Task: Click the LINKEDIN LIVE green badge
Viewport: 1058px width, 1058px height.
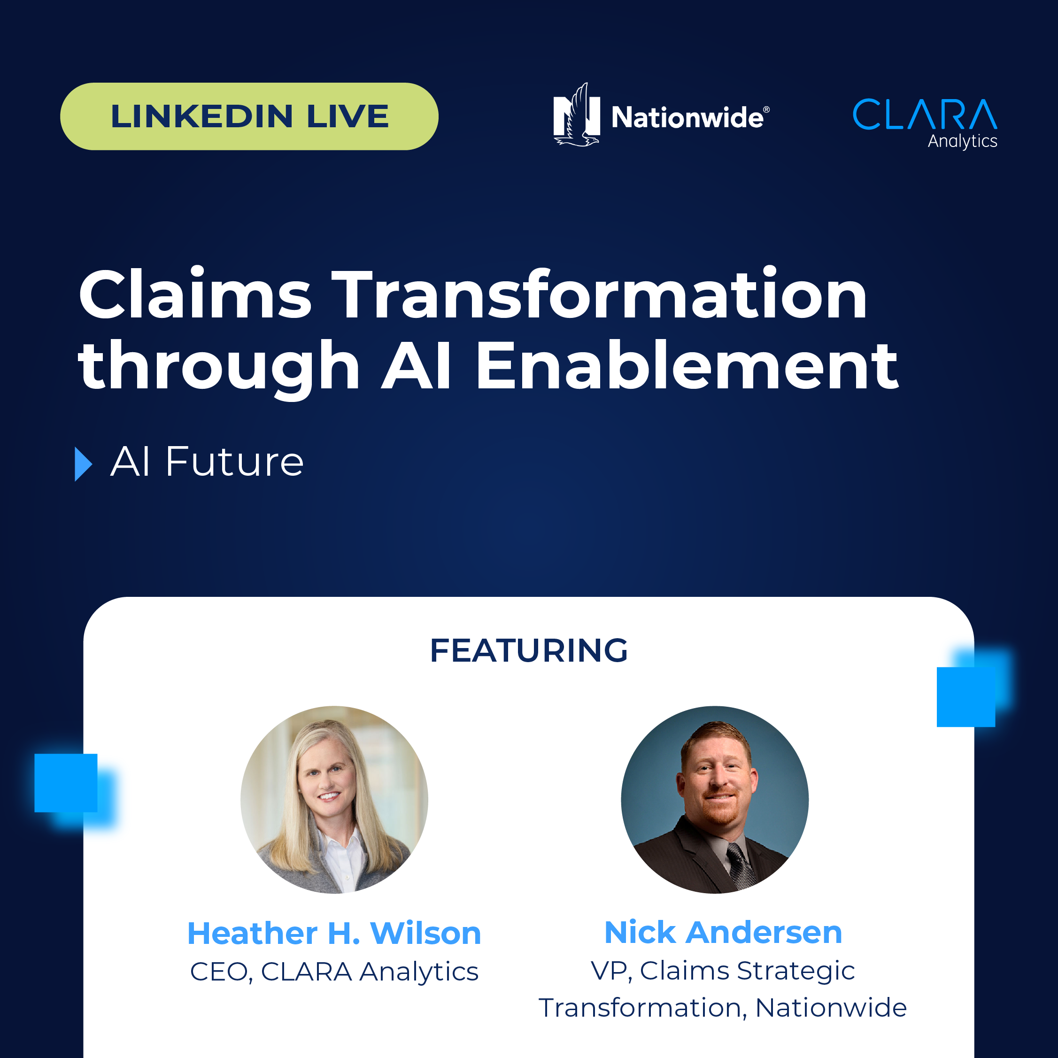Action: (249, 116)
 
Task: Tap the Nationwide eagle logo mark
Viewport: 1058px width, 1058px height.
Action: (577, 115)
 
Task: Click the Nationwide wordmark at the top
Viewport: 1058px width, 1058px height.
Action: (690, 117)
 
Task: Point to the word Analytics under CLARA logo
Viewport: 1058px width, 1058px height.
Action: (962, 141)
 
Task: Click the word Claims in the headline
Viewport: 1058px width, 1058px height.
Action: (195, 293)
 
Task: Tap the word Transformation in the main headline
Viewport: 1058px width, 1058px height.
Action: (600, 293)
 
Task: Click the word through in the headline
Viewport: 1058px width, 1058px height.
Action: (219, 368)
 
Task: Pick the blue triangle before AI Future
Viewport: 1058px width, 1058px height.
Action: (83, 464)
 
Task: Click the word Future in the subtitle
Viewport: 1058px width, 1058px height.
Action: (234, 462)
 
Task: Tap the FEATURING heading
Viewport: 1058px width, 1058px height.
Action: (528, 650)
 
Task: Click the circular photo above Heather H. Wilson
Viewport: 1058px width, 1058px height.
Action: (334, 800)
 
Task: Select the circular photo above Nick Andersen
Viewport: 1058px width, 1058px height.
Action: (715, 800)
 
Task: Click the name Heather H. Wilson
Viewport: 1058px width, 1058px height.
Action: (334, 933)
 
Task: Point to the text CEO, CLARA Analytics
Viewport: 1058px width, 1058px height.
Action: (334, 972)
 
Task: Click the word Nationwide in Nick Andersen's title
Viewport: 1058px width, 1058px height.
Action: (831, 1008)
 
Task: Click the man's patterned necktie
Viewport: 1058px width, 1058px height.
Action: (741, 865)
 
